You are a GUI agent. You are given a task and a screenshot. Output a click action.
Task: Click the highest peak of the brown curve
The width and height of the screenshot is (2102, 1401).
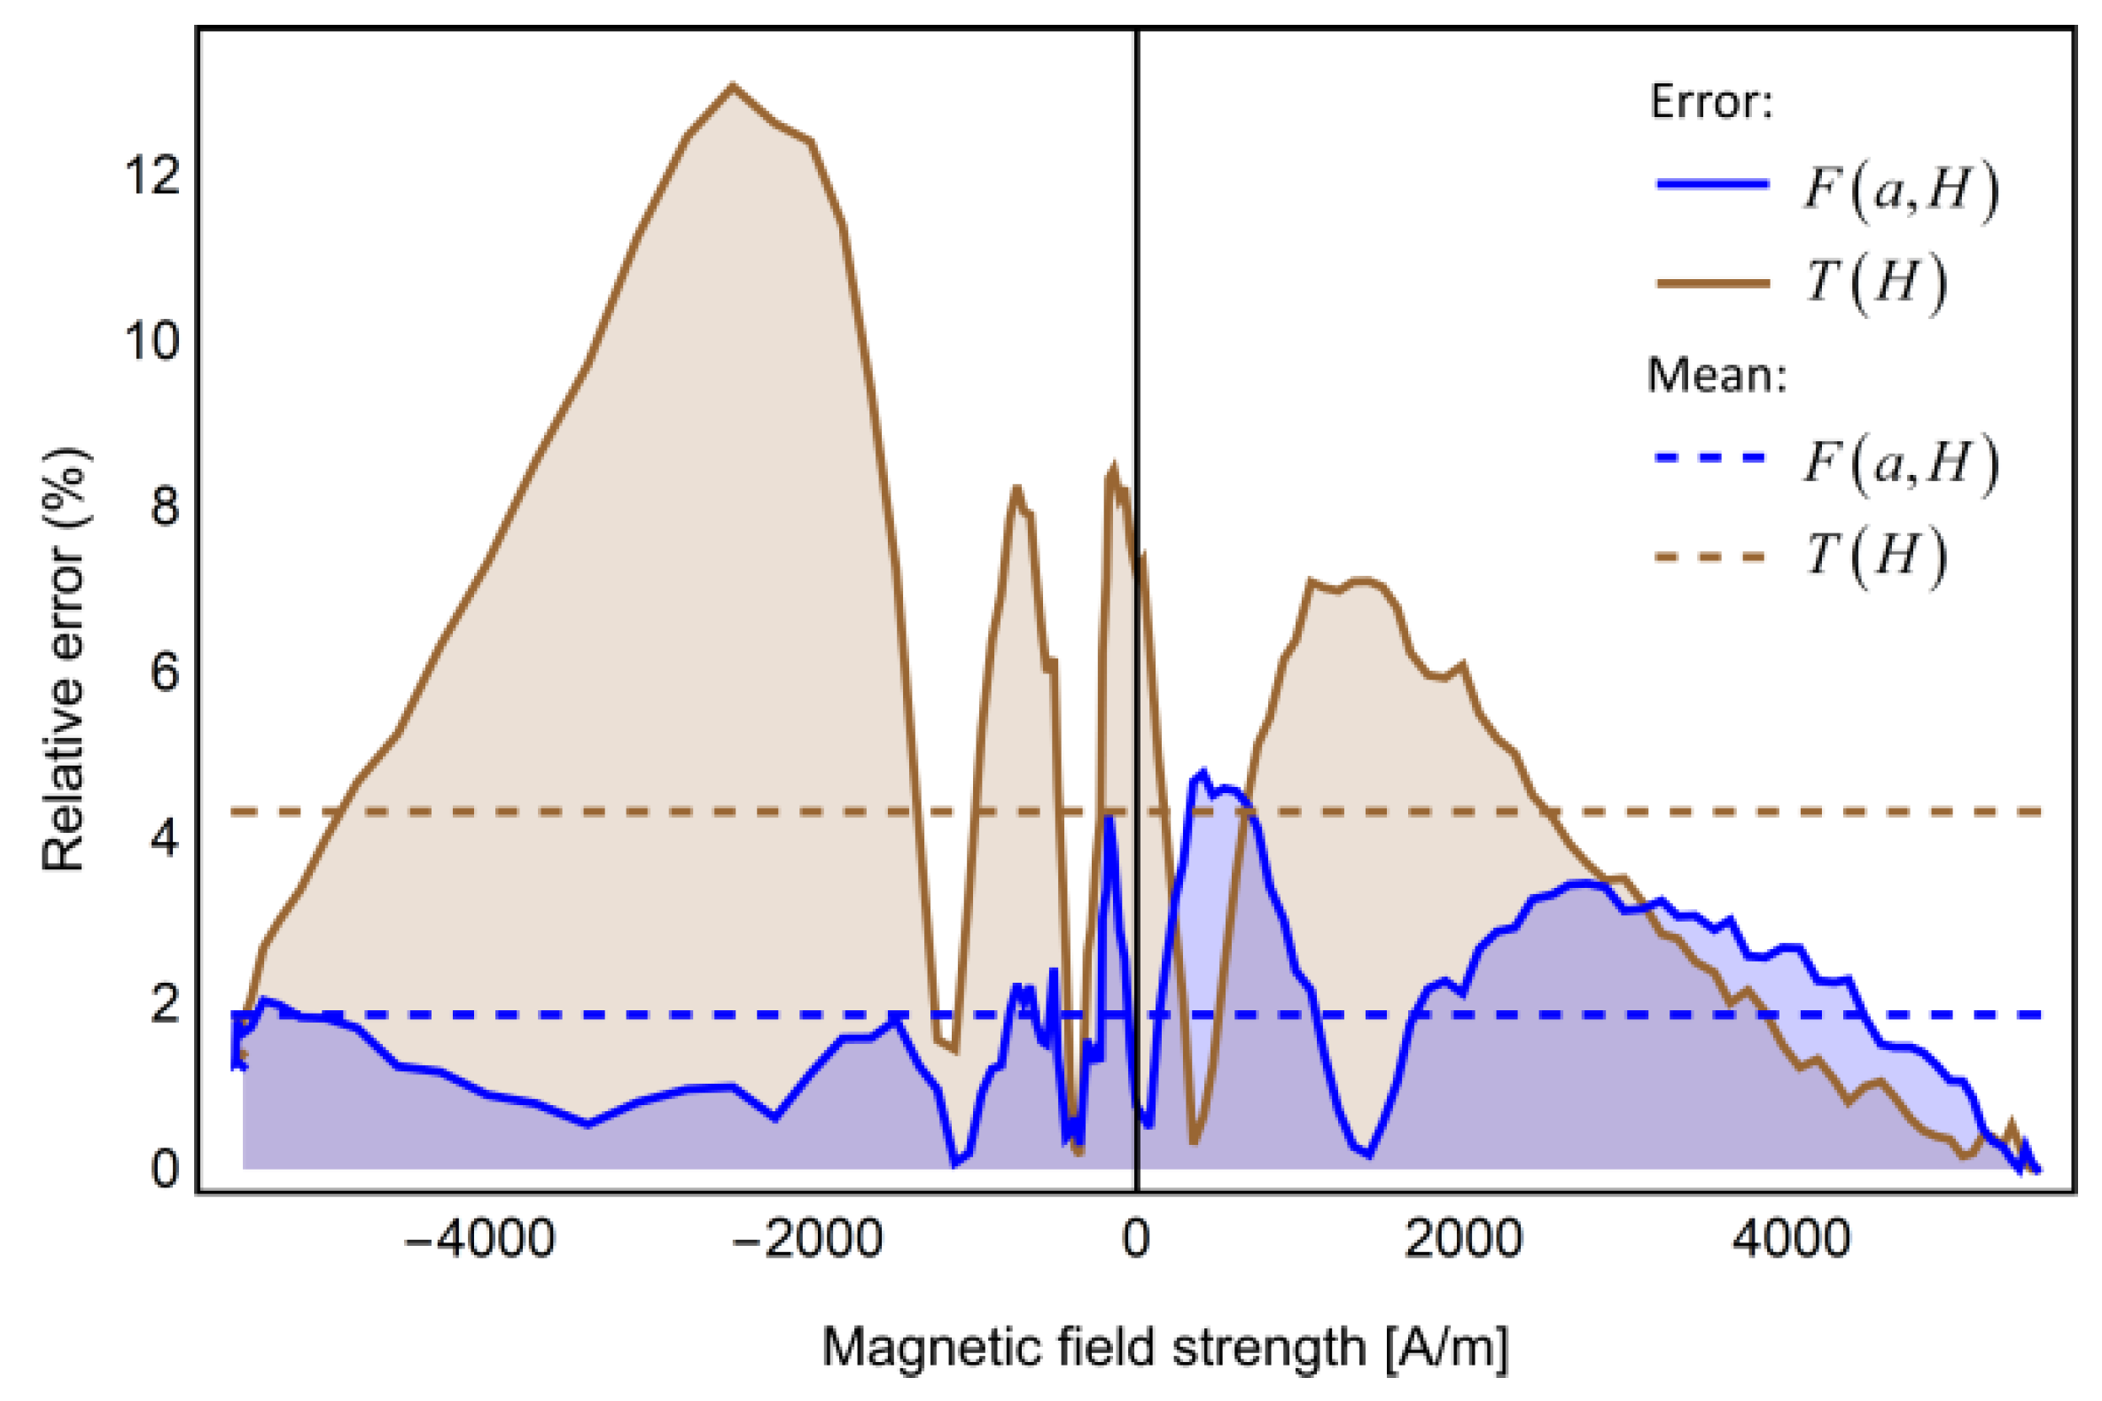[733, 86]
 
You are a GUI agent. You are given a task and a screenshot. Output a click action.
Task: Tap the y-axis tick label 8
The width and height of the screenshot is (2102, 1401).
[164, 507]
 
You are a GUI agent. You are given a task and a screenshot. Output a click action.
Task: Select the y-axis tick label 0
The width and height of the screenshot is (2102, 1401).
[164, 1169]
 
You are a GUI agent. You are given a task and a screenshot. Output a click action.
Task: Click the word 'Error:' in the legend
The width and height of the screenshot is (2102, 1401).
[1709, 103]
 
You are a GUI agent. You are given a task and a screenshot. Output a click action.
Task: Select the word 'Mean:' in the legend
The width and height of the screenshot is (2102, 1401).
[1717, 375]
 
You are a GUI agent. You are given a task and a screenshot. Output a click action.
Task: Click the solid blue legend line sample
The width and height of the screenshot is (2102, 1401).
[1711, 185]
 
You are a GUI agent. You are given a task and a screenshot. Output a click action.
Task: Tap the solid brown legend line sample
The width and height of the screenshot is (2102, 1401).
[1711, 284]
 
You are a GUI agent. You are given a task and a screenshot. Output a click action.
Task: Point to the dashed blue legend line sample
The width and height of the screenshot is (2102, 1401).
[1711, 457]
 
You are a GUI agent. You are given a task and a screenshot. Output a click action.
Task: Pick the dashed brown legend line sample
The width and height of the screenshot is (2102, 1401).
[1711, 557]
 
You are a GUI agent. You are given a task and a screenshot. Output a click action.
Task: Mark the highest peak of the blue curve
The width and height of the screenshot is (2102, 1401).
[1203, 772]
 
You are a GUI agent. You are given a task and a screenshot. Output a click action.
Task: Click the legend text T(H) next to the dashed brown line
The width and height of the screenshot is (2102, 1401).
[1875, 557]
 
